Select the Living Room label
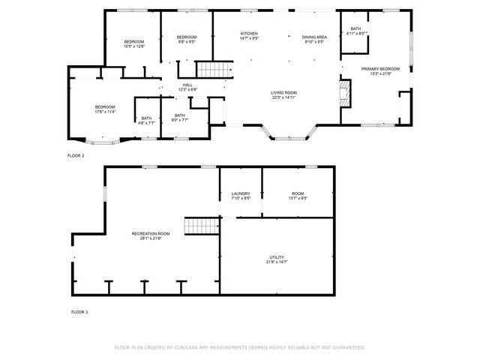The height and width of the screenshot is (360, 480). (x=283, y=94)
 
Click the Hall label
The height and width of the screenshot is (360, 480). (x=187, y=87)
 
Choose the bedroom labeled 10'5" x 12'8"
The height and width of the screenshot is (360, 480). (x=133, y=43)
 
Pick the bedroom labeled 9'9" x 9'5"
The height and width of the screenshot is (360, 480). (x=186, y=40)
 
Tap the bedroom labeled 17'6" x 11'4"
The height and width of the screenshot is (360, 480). (x=104, y=109)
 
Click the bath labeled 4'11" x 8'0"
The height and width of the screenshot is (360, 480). (x=355, y=31)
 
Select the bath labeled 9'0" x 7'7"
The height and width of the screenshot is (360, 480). (x=179, y=118)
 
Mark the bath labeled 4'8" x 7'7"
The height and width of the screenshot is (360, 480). (x=146, y=120)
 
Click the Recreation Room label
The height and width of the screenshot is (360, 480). (x=151, y=236)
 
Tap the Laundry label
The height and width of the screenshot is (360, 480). (x=240, y=196)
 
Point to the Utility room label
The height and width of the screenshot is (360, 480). (x=277, y=260)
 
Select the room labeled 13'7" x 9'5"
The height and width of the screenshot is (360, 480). (x=298, y=196)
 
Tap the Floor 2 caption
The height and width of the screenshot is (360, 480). (x=76, y=155)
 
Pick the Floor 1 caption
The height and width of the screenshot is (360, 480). (x=79, y=311)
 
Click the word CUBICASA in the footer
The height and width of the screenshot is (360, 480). (x=192, y=348)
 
